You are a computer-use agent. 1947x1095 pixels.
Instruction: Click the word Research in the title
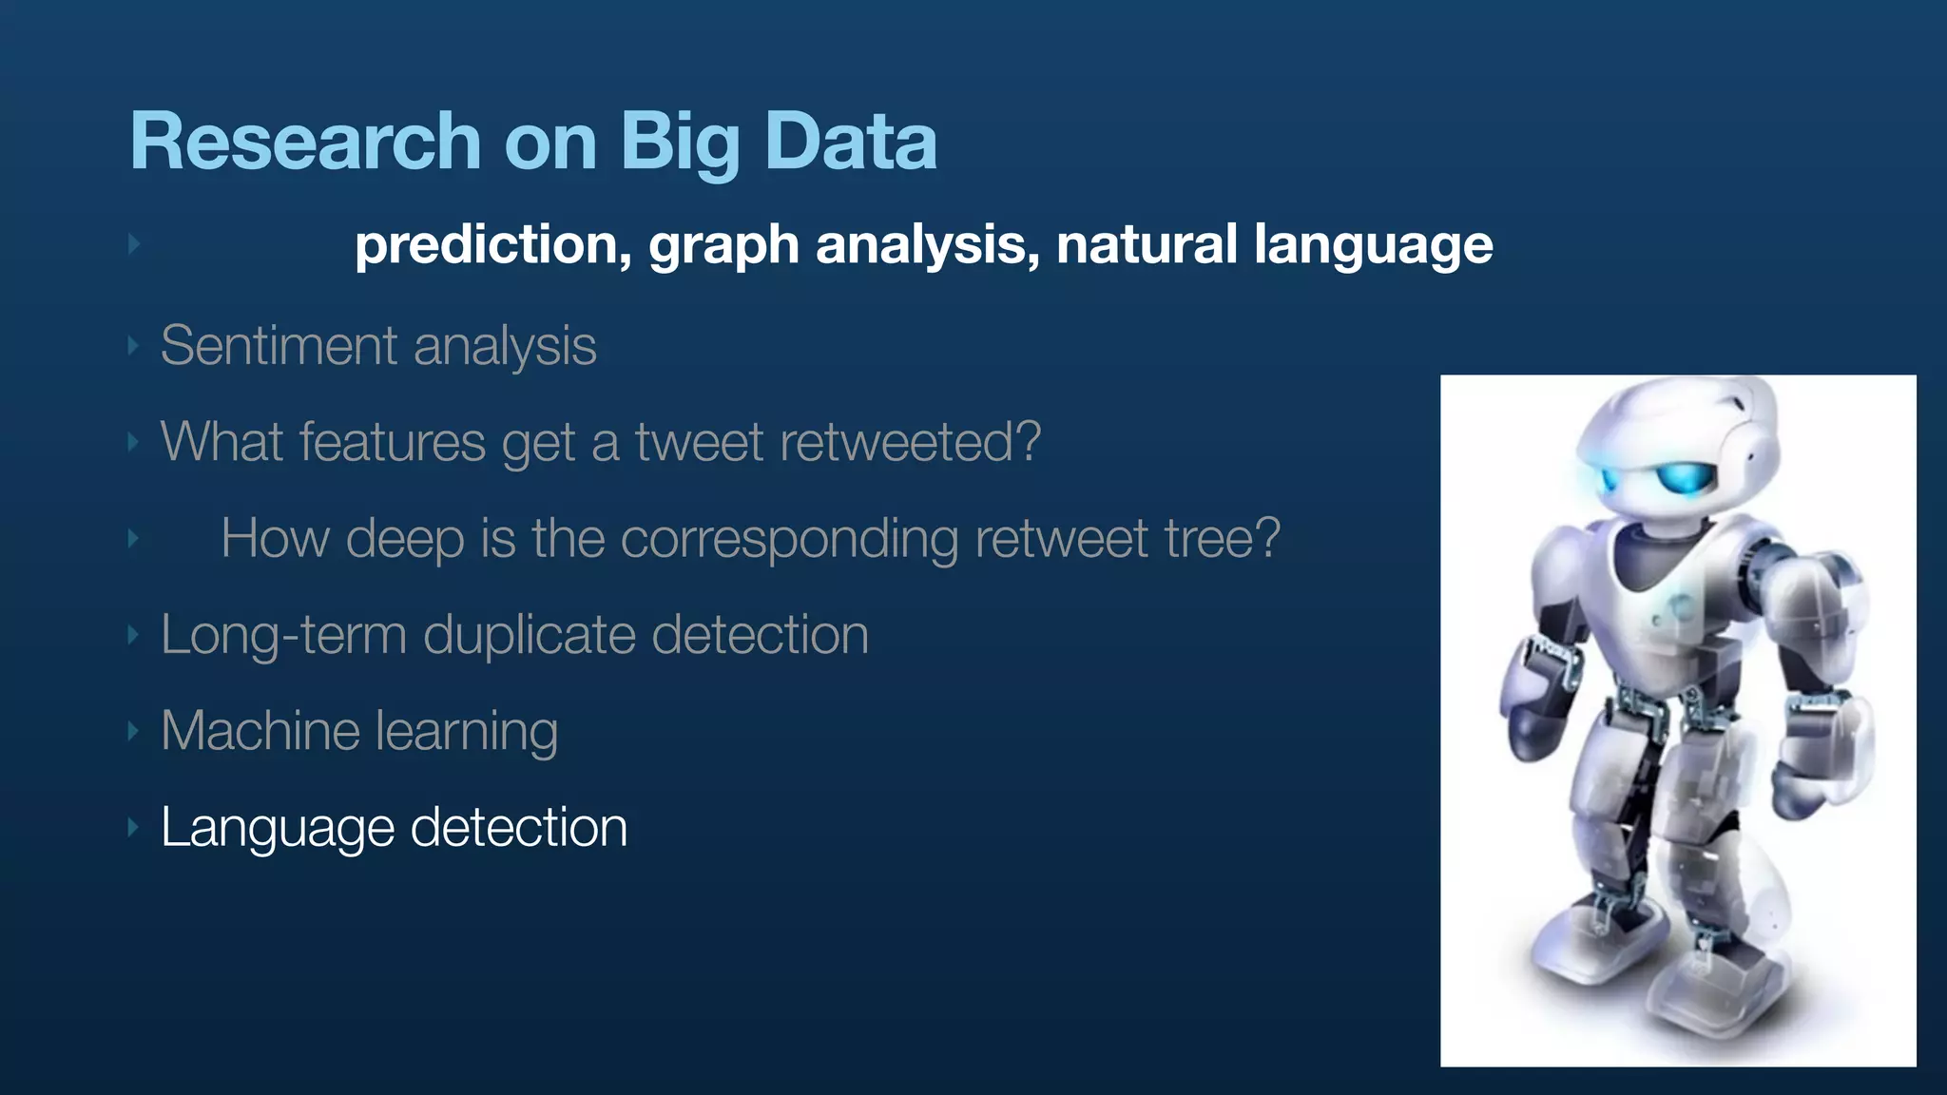pyautogui.click(x=305, y=142)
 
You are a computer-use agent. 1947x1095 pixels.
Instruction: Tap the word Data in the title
pyautogui.click(x=851, y=142)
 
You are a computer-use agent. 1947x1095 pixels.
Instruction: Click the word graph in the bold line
pyautogui.click(x=723, y=245)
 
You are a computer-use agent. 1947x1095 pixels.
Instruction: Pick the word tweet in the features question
pyautogui.click(x=699, y=442)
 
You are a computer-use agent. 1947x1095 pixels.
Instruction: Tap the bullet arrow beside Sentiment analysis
pyautogui.click(x=134, y=346)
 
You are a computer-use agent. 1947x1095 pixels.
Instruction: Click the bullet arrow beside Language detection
pyautogui.click(x=134, y=827)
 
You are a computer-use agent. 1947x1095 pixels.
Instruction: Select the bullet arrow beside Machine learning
pyautogui.click(x=134, y=731)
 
